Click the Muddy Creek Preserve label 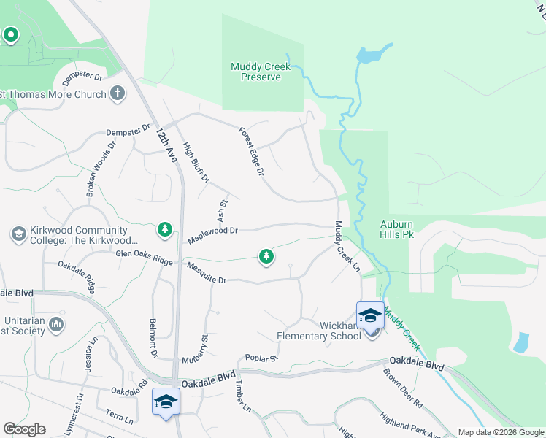pos(261,72)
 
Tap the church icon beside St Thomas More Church pos(118,93)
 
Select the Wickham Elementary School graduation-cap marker pos(370,315)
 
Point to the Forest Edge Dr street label pos(250,152)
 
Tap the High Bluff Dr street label pos(196,161)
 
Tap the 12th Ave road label pos(166,144)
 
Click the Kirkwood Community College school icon pos(18,234)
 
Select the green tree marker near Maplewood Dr pos(165,231)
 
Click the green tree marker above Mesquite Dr pos(266,256)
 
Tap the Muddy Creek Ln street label pos(347,248)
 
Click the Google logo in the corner pos(24,429)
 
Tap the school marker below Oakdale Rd pos(166,401)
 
